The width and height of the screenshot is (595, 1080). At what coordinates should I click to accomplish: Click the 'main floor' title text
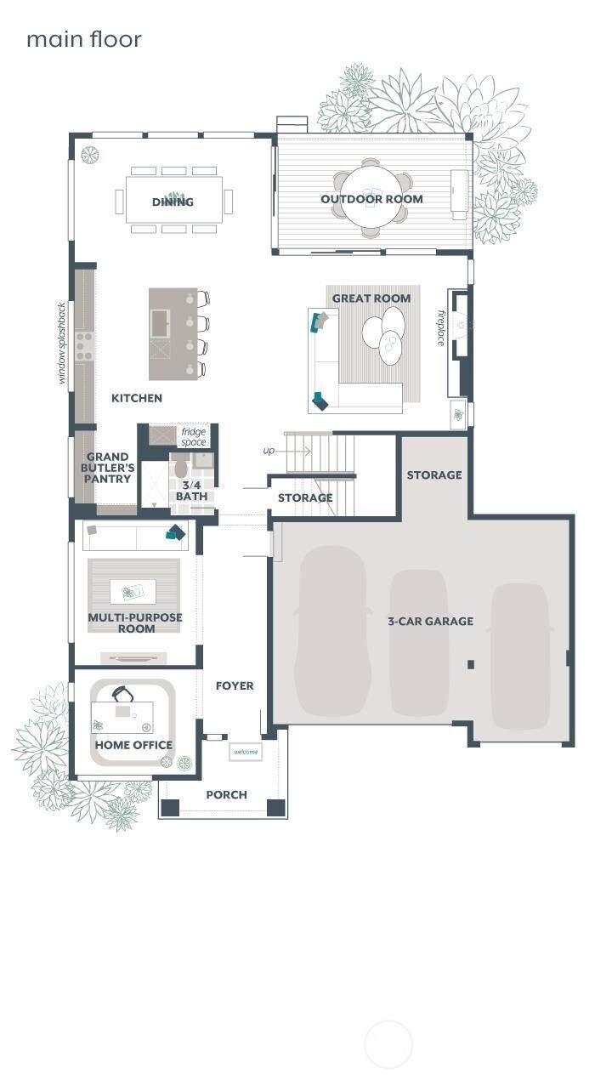pyautogui.click(x=84, y=39)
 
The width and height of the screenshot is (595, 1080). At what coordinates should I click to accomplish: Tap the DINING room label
pyautogui.click(x=173, y=202)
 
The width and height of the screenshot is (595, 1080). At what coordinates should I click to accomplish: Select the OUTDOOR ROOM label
pyautogui.click(x=372, y=199)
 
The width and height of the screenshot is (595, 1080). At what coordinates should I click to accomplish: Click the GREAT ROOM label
pyautogui.click(x=371, y=298)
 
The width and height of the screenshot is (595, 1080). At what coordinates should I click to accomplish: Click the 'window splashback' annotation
pyautogui.click(x=61, y=343)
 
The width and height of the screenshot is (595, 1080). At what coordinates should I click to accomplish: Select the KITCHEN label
pyautogui.click(x=137, y=398)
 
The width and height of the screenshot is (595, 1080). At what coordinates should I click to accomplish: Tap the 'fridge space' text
pyautogui.click(x=194, y=437)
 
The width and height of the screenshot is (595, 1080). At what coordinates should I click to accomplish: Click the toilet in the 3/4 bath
pyautogui.click(x=181, y=467)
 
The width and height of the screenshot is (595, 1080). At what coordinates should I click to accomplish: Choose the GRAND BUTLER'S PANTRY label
pyautogui.click(x=107, y=468)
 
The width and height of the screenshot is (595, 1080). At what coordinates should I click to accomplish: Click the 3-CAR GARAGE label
pyautogui.click(x=431, y=621)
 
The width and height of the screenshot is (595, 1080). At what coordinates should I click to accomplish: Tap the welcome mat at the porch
pyautogui.click(x=246, y=752)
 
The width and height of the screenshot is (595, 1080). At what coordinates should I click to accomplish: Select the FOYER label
pyautogui.click(x=235, y=685)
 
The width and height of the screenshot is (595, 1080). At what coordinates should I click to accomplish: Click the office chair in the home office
pyautogui.click(x=123, y=694)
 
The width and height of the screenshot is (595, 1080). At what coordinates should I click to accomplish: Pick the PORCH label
pyautogui.click(x=226, y=794)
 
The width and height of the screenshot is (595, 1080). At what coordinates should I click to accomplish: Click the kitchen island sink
pyautogui.click(x=160, y=323)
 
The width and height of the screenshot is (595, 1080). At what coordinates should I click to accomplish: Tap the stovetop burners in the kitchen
pyautogui.click(x=85, y=346)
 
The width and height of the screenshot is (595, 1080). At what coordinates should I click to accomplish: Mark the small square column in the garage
pyautogui.click(x=471, y=664)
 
